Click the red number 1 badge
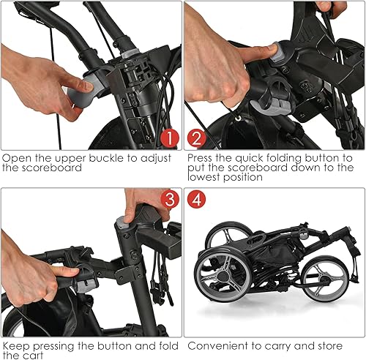coord(168,137)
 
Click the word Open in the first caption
coord(17,157)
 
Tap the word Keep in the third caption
coord(15,344)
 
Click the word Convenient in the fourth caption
coord(217,344)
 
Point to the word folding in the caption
coord(284,157)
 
